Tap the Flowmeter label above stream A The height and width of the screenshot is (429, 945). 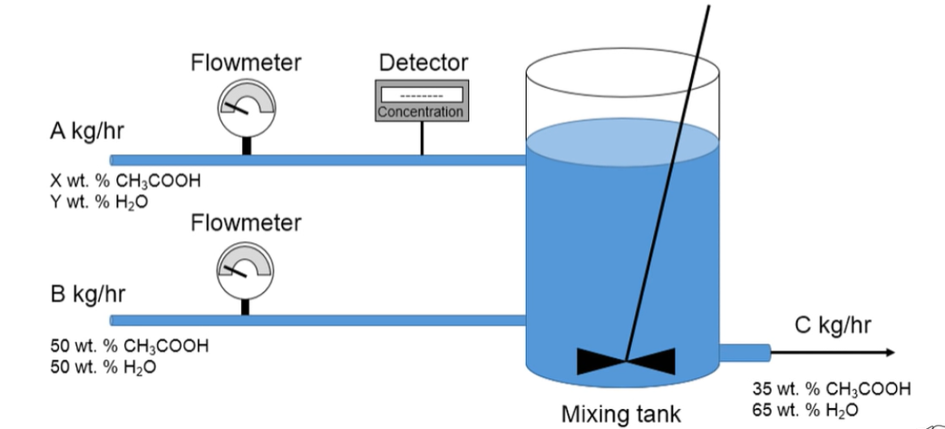(246, 63)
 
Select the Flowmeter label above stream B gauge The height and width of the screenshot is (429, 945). (246, 222)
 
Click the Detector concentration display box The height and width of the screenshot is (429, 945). (421, 101)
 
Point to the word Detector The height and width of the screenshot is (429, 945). (423, 63)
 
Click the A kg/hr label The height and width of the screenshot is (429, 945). (87, 131)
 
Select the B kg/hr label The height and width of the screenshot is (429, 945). (87, 295)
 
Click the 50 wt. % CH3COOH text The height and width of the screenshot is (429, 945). (128, 346)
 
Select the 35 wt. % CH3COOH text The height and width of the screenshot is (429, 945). (831, 388)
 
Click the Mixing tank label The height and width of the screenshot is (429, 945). (620, 414)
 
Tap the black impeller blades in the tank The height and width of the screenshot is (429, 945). (626, 361)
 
